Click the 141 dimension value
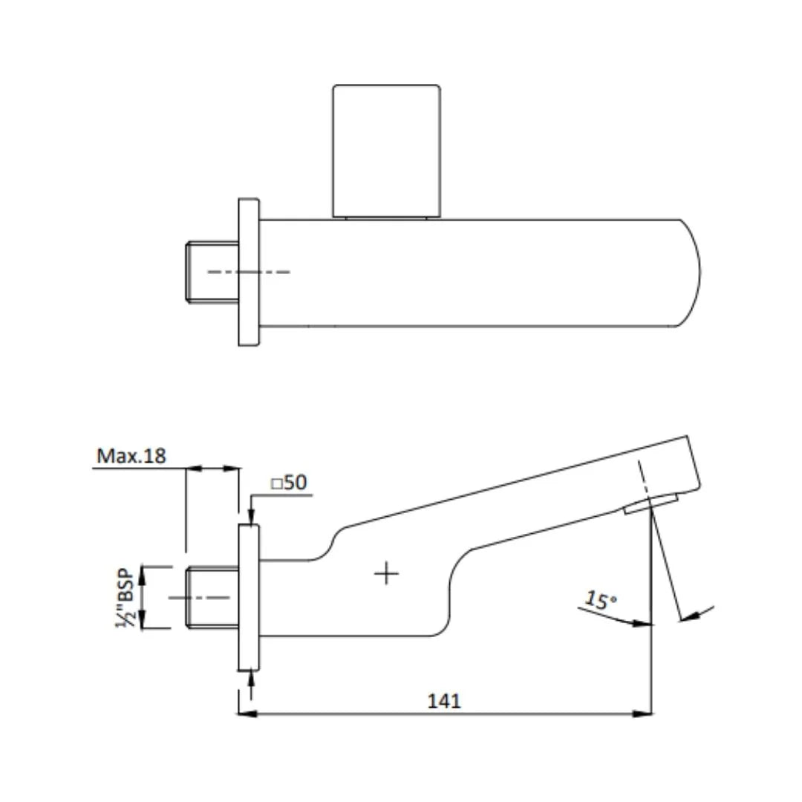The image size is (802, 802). coord(444,700)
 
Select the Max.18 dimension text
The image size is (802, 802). coord(131,456)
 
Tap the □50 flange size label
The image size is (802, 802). coord(289,483)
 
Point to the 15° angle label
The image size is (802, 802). coord(600,599)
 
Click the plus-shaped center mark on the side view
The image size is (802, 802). coord(386,573)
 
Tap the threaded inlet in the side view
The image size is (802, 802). coord(212,597)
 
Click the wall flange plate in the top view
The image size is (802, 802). coord(249,272)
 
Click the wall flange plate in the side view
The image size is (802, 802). coord(249,597)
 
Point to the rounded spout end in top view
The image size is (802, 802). coord(691,273)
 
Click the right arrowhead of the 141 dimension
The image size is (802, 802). coord(643,714)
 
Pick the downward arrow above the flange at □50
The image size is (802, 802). coord(252,517)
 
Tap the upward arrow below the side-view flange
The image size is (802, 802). coord(252,677)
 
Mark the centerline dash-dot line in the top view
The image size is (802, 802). coord(249,272)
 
